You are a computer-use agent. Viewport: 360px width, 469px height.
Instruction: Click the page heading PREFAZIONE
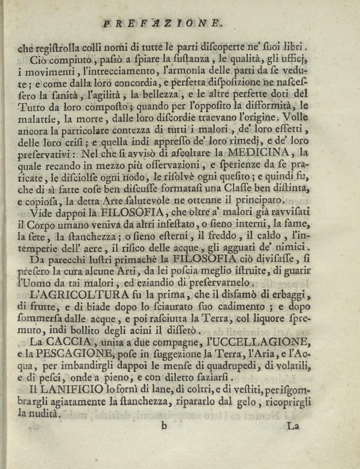pyautogui.click(x=163, y=24)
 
